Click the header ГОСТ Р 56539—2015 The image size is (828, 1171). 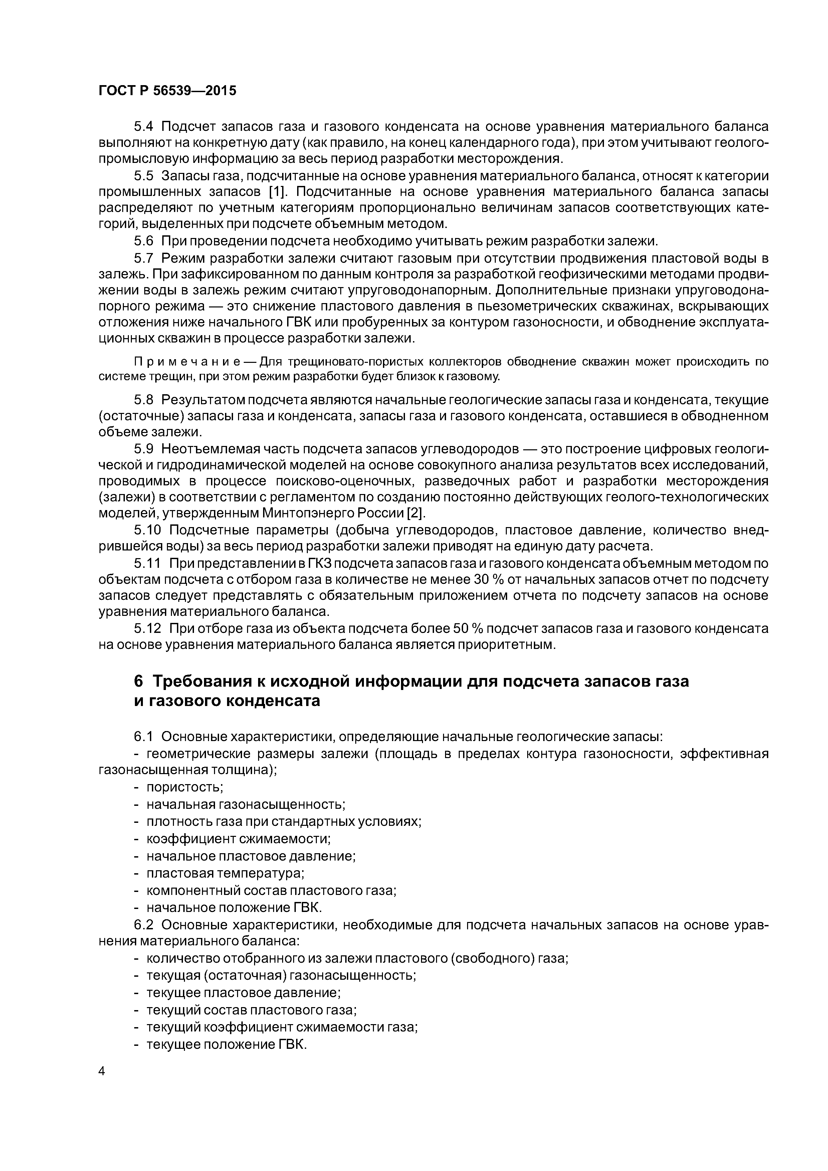pyautogui.click(x=167, y=91)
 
